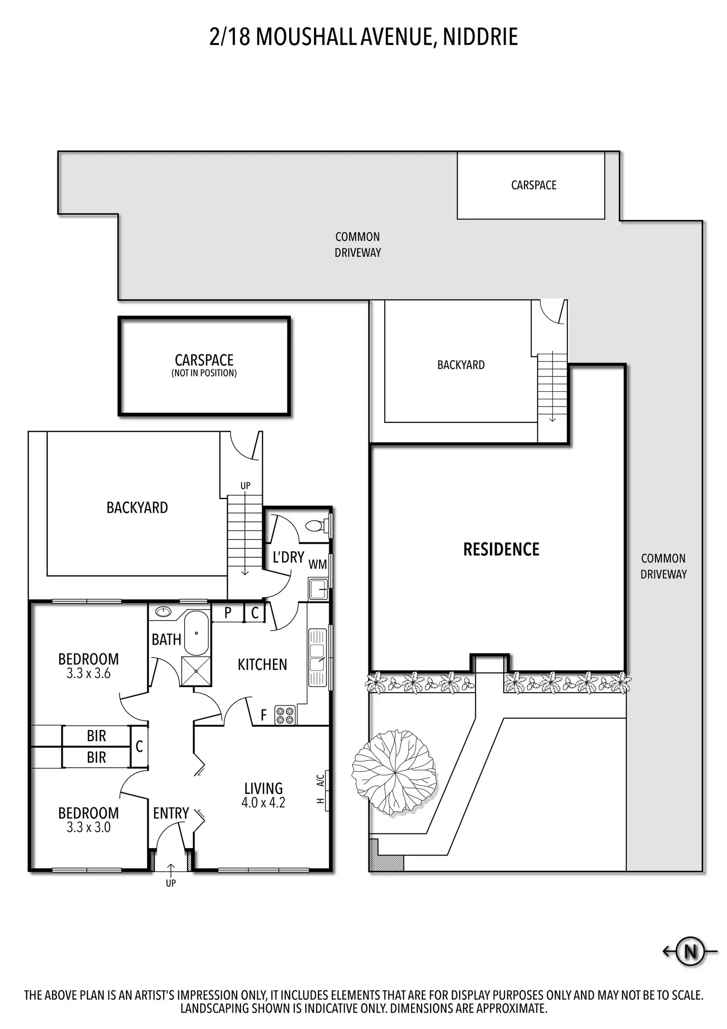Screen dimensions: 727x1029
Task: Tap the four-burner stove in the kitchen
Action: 285,715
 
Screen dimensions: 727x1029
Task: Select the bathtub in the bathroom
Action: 197,633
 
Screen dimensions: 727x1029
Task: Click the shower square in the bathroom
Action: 196,671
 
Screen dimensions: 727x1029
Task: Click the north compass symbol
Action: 690,950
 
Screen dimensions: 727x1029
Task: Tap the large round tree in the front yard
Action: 394,772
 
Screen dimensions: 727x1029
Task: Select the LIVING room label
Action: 263,788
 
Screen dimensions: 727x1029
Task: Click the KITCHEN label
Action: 262,664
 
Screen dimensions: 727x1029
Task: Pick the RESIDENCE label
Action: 501,549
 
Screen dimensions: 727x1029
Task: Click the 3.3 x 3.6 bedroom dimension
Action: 88,673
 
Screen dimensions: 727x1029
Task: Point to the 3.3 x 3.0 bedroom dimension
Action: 88,827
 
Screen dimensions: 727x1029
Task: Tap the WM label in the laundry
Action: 318,564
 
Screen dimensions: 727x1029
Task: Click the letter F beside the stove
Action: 264,715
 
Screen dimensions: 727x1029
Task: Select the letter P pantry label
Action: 228,613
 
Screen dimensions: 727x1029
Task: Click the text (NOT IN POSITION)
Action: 204,373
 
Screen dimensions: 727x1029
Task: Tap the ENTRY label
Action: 171,813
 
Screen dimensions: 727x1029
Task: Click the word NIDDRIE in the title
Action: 480,37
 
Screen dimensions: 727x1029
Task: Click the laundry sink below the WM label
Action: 318,589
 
